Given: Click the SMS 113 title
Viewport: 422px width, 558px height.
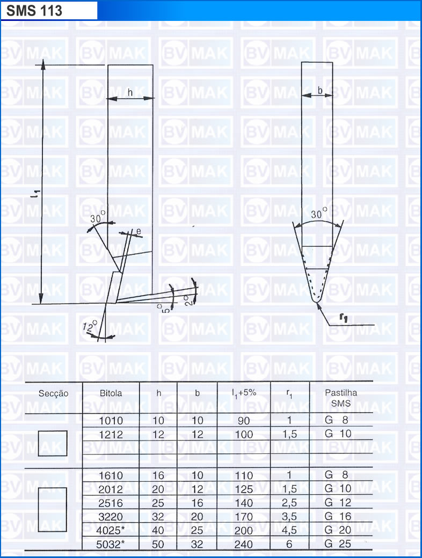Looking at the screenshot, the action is [x=34, y=11].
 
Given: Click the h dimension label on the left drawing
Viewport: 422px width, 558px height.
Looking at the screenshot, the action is [x=130, y=92].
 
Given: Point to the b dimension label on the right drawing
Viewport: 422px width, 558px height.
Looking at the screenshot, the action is [x=320, y=90].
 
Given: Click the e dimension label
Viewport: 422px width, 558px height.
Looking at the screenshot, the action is [x=139, y=231].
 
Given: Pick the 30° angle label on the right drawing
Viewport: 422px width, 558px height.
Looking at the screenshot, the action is [x=319, y=213].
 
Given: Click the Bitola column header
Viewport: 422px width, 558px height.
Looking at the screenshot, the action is [x=111, y=393].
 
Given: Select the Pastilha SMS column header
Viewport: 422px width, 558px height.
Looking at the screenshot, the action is [x=341, y=398].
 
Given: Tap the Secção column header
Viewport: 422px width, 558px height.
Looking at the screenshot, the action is [x=53, y=394].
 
